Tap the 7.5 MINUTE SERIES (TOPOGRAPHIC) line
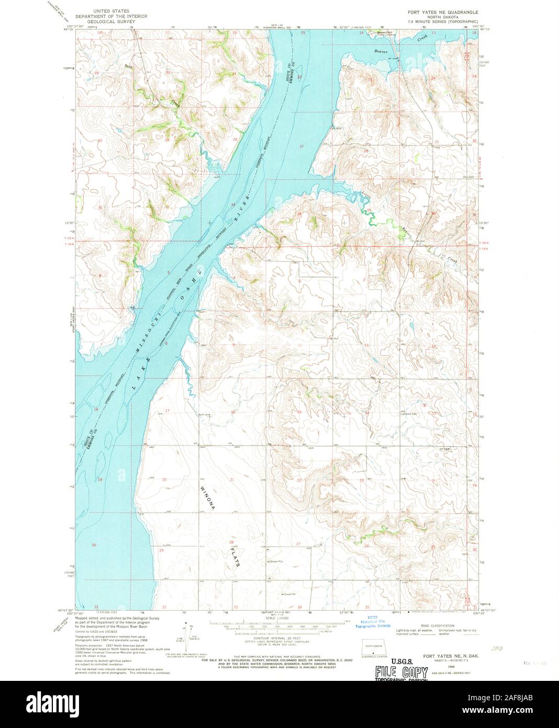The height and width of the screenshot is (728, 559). tap(443, 21)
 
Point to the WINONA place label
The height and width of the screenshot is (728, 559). tap(207, 495)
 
